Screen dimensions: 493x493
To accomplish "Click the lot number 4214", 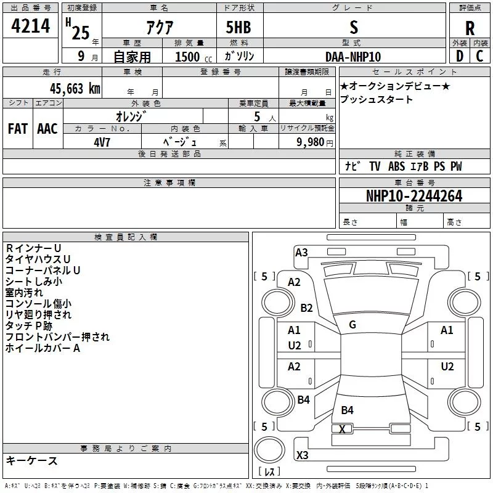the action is tap(30, 26).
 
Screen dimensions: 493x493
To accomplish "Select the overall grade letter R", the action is tap(470, 28).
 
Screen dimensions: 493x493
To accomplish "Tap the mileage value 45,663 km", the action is tap(75, 89).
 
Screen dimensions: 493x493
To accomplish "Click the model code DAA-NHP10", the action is tap(353, 57).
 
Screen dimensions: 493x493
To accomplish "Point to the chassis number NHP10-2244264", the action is tap(414, 196).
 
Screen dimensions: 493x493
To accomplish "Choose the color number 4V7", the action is tap(102, 142).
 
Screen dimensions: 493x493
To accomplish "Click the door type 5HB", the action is tap(238, 27).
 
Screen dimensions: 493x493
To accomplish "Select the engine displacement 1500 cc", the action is tap(194, 57).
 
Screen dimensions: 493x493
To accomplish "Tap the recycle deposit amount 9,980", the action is tap(310, 142).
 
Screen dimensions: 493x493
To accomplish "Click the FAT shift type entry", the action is tap(18, 129).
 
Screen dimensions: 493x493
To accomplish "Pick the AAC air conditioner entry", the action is tap(47, 129).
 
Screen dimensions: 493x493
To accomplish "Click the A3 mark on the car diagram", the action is tap(301, 253).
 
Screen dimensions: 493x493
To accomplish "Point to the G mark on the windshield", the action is tap(352, 325).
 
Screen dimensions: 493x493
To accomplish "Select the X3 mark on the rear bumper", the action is tap(302, 455).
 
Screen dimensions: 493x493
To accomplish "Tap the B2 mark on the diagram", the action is tap(306, 308).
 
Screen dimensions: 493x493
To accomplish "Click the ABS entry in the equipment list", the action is tap(396, 166).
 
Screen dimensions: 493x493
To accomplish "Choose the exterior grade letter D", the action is tap(460, 56).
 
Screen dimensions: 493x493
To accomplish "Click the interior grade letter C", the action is tap(479, 56).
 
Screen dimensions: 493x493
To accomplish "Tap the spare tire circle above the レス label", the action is tap(269, 450).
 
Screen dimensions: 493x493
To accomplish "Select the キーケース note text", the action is tap(32, 460).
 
